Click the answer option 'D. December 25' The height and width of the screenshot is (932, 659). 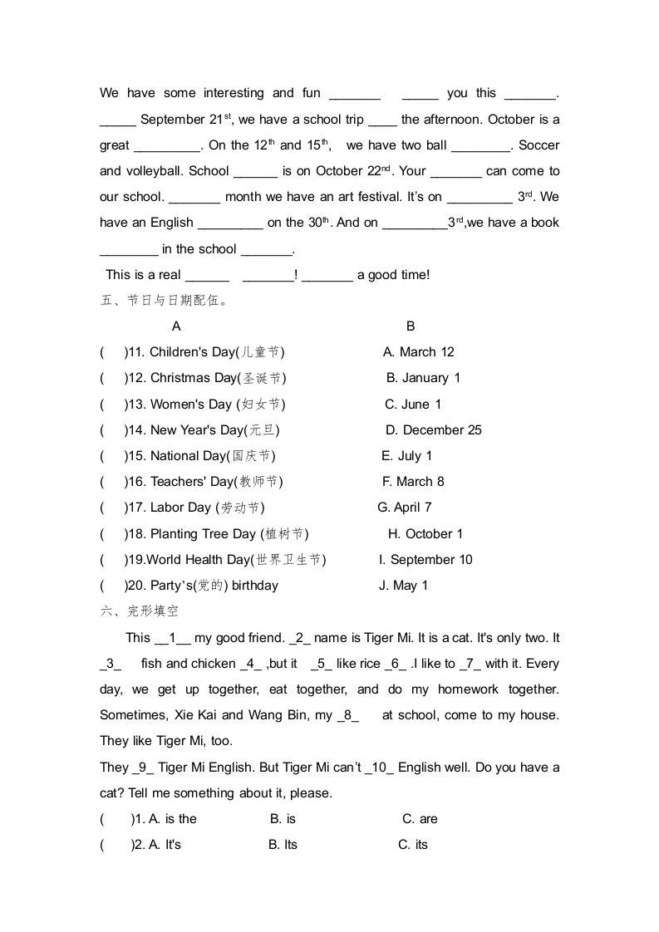pyautogui.click(x=433, y=430)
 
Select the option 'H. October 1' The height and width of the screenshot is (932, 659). pyautogui.click(x=425, y=534)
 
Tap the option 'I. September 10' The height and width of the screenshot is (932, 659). pyautogui.click(x=425, y=560)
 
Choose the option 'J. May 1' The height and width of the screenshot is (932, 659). pyautogui.click(x=403, y=586)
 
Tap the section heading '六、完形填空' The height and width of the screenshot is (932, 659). pyautogui.click(x=139, y=611)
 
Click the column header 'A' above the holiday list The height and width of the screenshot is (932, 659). pyautogui.click(x=176, y=326)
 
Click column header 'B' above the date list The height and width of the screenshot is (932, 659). pyautogui.click(x=411, y=326)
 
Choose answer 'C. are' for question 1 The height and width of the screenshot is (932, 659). pyautogui.click(x=420, y=819)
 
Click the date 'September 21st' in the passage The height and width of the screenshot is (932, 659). pyautogui.click(x=186, y=120)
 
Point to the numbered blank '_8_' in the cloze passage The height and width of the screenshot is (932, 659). pyautogui.click(x=348, y=715)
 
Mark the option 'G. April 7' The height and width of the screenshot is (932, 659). pyautogui.click(x=404, y=508)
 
